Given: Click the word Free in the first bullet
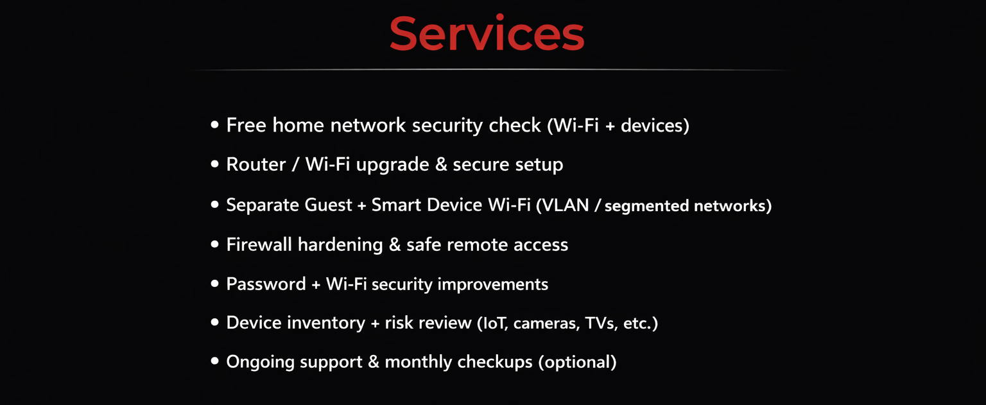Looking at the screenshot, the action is [246, 125].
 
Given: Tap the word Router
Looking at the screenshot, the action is [255, 165].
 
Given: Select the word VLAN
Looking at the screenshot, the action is [565, 205].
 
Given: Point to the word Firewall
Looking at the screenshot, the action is [259, 245].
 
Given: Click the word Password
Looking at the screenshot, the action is [266, 284].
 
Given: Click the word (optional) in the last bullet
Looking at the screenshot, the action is [577, 362].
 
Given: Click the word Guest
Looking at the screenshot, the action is [328, 205].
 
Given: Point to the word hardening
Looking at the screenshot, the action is [340, 245].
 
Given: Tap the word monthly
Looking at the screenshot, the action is [418, 362].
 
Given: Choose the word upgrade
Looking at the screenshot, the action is [392, 165].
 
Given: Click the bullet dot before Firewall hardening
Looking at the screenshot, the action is [215, 245].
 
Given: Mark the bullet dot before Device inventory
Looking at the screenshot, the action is [215, 322].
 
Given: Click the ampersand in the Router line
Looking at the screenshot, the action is [441, 165].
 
